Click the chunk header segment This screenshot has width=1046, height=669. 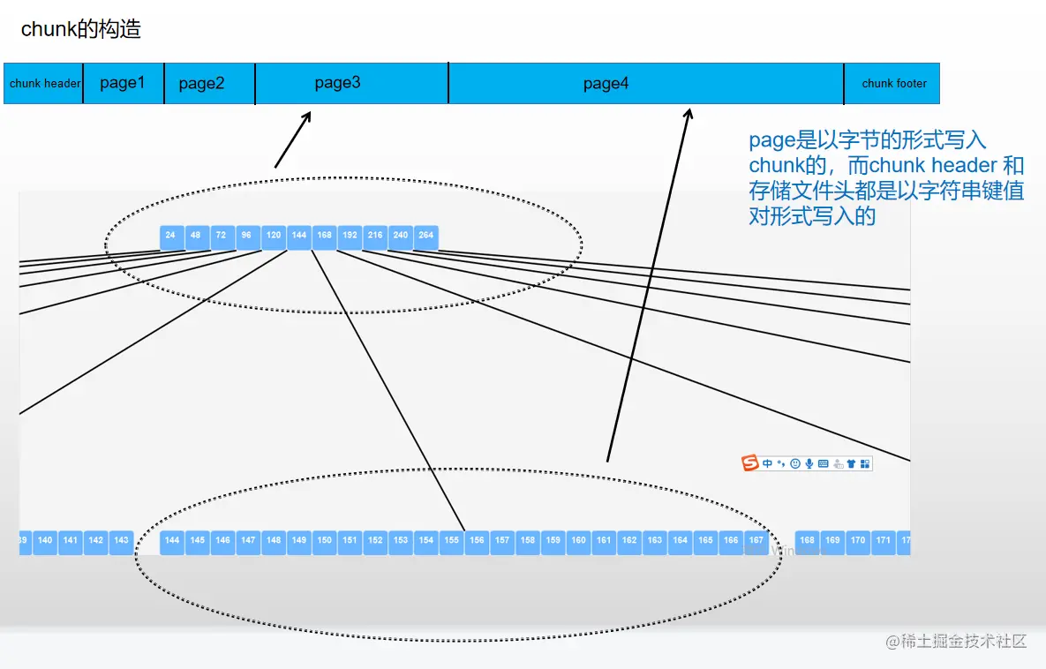click(x=44, y=84)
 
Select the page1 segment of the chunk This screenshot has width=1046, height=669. click(x=123, y=83)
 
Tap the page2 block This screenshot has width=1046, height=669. click(x=202, y=84)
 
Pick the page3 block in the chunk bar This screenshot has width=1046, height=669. click(x=338, y=83)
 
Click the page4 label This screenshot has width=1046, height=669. click(x=606, y=84)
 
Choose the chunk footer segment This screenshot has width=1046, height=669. click(x=893, y=84)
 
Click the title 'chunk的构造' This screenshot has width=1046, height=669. click(x=81, y=29)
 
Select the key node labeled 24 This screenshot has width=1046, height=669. click(x=170, y=237)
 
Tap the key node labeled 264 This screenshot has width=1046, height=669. click(x=426, y=237)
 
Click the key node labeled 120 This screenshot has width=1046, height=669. click(x=274, y=237)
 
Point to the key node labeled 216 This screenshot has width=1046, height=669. click(x=375, y=237)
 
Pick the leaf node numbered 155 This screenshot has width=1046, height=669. click(x=452, y=540)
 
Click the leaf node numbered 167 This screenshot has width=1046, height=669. click(x=756, y=540)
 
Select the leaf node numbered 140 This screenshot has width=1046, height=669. click(x=45, y=540)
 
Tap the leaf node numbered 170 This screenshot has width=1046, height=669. click(x=858, y=540)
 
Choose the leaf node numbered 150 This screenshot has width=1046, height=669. click(x=325, y=540)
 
